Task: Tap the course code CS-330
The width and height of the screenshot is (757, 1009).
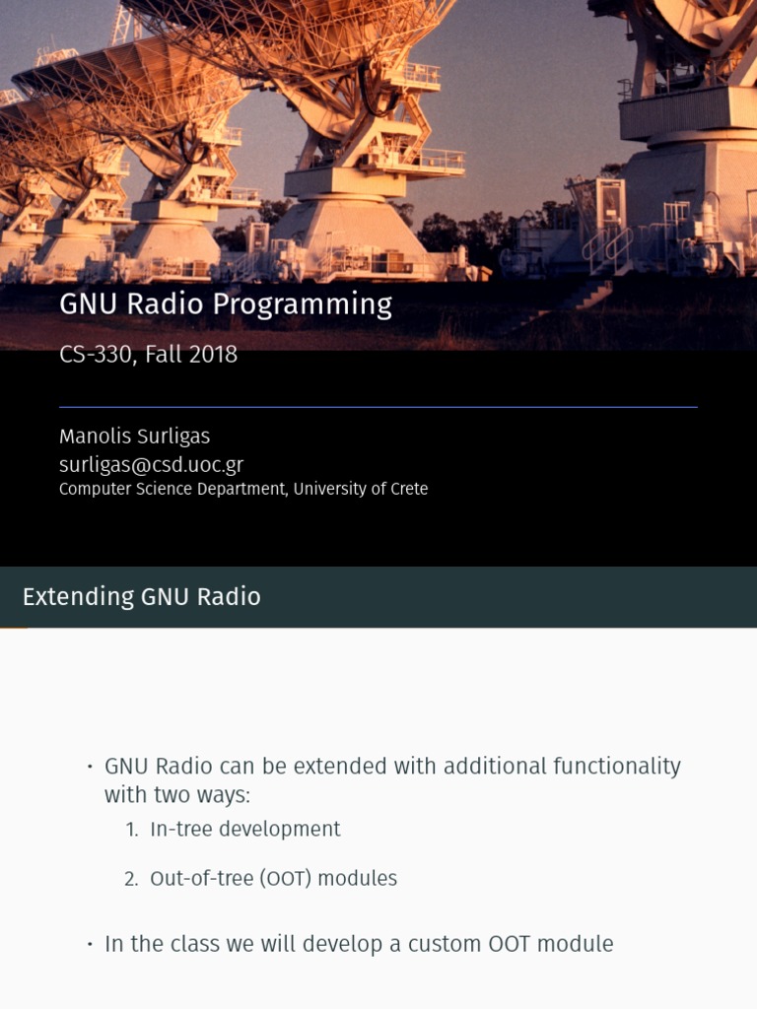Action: pyautogui.click(x=97, y=355)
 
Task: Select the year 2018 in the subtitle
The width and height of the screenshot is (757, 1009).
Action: pyautogui.click(x=212, y=355)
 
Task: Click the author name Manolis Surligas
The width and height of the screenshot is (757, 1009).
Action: pyautogui.click(x=134, y=437)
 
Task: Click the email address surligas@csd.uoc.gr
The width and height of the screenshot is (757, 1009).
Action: pyautogui.click(x=151, y=464)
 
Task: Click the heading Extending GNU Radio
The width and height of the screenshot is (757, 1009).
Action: pyautogui.click(x=141, y=596)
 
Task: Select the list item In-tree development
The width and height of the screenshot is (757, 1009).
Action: pyautogui.click(x=244, y=830)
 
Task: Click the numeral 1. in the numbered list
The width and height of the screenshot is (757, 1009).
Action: pyautogui.click(x=132, y=830)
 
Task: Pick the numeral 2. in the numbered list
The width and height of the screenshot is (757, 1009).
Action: pyautogui.click(x=131, y=879)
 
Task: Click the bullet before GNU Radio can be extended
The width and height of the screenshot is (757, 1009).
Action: pyautogui.click(x=89, y=768)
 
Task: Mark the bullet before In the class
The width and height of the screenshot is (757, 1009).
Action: pyautogui.click(x=89, y=945)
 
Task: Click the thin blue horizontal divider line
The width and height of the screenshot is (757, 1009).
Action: pyautogui.click(x=378, y=406)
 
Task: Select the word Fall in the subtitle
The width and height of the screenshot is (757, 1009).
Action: pyautogui.click(x=164, y=355)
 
